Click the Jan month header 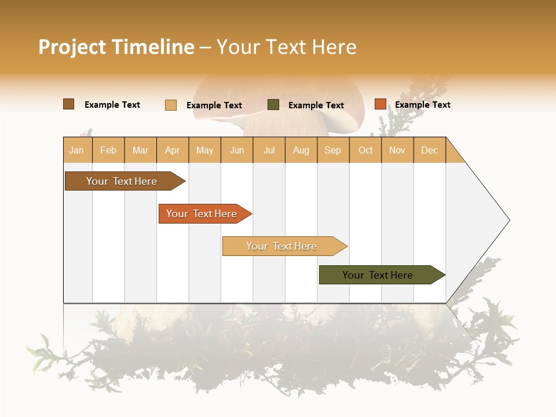click(x=76, y=151)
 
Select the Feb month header click(x=108, y=151)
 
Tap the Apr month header click(x=173, y=151)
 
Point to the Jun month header click(x=237, y=151)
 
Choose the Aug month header click(x=301, y=151)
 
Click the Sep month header click(x=333, y=151)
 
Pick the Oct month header click(x=365, y=151)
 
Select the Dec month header click(x=430, y=151)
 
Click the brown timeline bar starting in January click(x=122, y=181)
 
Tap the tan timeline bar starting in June click(x=281, y=246)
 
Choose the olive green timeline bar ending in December click(x=378, y=275)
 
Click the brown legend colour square click(x=69, y=104)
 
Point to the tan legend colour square click(x=171, y=105)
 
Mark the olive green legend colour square click(x=273, y=105)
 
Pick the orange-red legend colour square click(x=380, y=104)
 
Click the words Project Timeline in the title click(x=116, y=47)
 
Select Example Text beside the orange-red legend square click(x=423, y=105)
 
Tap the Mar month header click(x=140, y=151)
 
